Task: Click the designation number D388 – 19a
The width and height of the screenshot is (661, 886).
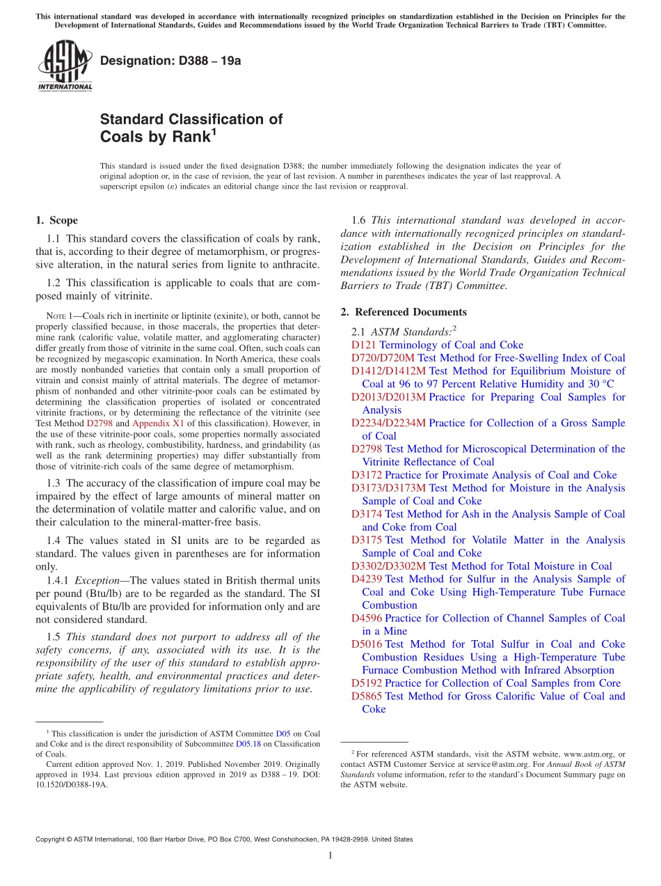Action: pyautogui.click(x=170, y=61)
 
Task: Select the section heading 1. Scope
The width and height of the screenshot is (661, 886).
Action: pyautogui.click(x=56, y=221)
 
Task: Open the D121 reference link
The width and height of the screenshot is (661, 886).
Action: pyautogui.click(x=363, y=345)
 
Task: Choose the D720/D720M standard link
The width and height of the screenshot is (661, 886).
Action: pyautogui.click(x=383, y=358)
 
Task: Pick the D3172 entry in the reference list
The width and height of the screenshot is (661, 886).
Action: pyautogui.click(x=366, y=475)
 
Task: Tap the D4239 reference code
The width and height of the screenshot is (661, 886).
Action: pyautogui.click(x=366, y=579)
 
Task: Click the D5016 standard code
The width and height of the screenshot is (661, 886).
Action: pyautogui.click(x=366, y=644)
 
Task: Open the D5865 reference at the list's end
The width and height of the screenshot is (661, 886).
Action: pyautogui.click(x=366, y=696)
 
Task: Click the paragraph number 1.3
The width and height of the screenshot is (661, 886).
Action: pyautogui.click(x=54, y=483)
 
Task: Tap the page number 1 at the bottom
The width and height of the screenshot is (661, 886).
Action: pyautogui.click(x=330, y=856)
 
